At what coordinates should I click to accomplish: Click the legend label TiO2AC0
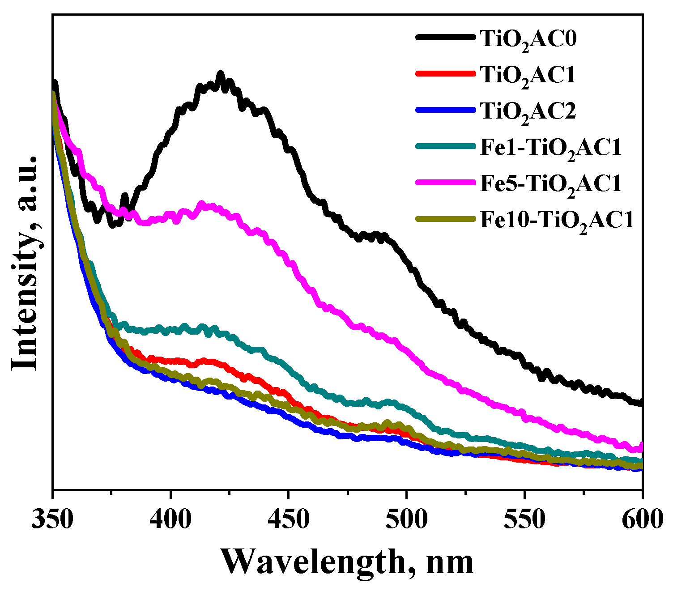click(528, 39)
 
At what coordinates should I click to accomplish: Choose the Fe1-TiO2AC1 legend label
click(551, 148)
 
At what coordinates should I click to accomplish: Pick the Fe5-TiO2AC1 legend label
click(551, 184)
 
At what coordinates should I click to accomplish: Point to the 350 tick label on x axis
click(53, 520)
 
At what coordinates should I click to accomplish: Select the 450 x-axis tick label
click(289, 520)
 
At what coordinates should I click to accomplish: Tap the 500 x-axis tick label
click(406, 520)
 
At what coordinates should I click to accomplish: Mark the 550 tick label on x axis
click(524, 520)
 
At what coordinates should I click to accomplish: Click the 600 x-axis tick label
click(642, 520)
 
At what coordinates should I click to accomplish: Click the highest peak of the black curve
click(220, 74)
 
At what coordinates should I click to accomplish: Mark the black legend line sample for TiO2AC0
click(445, 38)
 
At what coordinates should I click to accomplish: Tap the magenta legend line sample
click(445, 182)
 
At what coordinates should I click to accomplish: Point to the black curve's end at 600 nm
click(641, 403)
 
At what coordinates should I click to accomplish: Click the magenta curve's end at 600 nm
click(641, 446)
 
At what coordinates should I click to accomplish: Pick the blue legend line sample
click(445, 110)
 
